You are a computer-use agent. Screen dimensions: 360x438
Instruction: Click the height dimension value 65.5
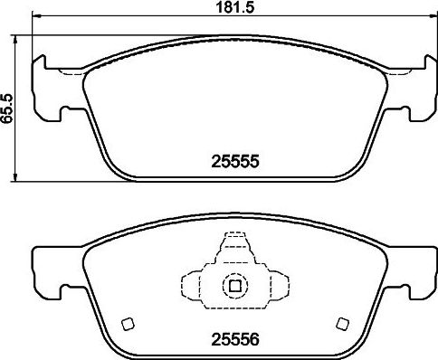pyautogui.click(x=8, y=106)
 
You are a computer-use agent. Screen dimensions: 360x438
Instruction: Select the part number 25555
pyautogui.click(x=234, y=162)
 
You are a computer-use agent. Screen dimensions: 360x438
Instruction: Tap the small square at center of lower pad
pyautogui.click(x=234, y=286)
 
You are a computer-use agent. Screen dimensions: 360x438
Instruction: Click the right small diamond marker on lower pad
pyautogui.click(x=341, y=323)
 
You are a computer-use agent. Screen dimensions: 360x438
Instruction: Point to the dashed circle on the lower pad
pyautogui.click(x=234, y=285)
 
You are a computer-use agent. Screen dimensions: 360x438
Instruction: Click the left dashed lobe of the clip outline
pyautogui.click(x=194, y=284)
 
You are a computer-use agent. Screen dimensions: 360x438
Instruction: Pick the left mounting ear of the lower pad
pyautogui.click(x=45, y=271)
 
